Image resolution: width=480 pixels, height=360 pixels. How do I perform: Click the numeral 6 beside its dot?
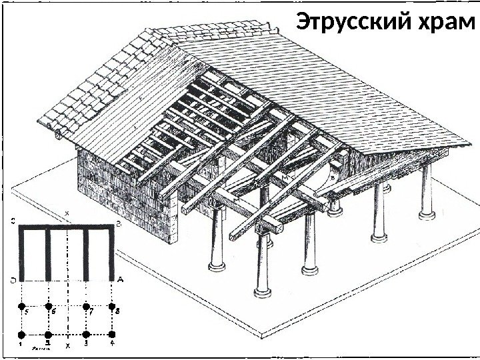[55, 311]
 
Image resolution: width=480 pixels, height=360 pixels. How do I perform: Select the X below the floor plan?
[67, 347]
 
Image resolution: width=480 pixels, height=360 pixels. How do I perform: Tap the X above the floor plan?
[67, 213]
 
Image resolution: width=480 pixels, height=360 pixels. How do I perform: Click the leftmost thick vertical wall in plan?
[21, 253]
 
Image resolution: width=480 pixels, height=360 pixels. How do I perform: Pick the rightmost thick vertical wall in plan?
[112, 253]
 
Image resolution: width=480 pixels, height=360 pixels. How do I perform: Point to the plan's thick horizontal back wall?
[67, 227]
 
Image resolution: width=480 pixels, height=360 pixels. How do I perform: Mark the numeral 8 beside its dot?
[119, 311]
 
